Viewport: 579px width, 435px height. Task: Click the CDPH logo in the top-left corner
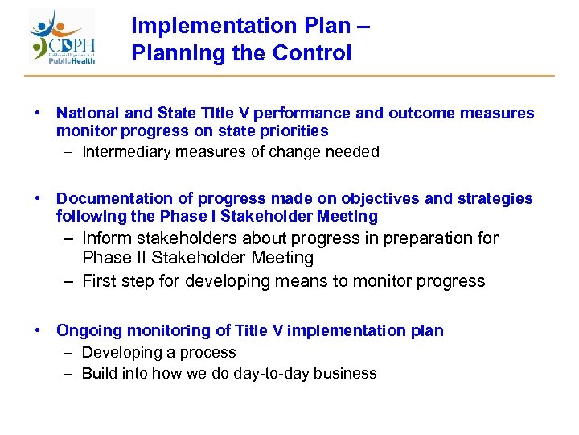(64, 37)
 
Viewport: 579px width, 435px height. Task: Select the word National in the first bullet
(87, 114)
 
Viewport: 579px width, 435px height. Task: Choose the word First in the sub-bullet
(99, 281)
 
